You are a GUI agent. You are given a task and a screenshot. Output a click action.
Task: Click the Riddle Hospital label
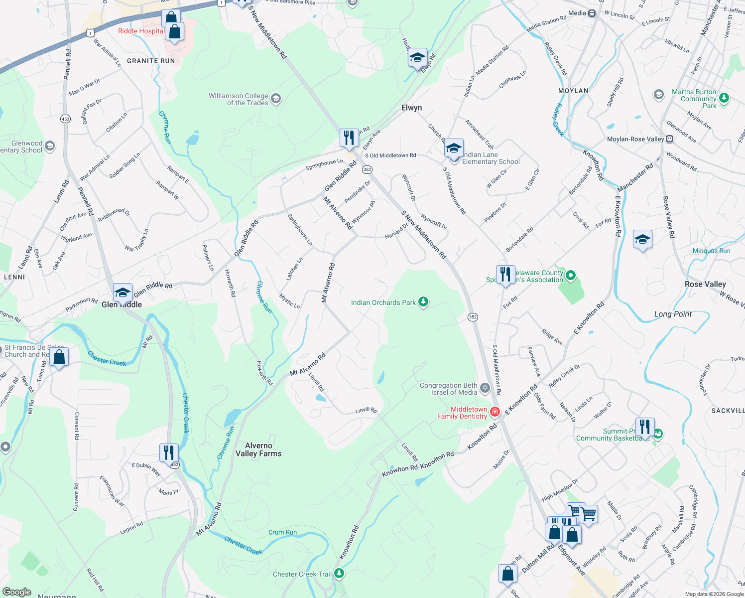click(141, 31)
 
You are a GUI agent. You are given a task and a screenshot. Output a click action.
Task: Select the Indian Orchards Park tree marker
click(423, 302)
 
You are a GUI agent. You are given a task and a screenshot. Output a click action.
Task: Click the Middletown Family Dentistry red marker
click(495, 412)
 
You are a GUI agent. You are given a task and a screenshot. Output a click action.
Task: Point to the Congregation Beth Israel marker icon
click(485, 388)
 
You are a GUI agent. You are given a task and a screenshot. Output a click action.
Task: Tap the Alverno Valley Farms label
click(258, 449)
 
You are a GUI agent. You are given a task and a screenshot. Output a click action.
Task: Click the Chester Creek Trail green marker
click(339, 574)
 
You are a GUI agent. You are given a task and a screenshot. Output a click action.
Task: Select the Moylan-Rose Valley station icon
click(670, 139)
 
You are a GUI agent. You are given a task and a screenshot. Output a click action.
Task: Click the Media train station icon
click(592, 13)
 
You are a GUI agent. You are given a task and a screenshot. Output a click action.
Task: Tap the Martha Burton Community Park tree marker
click(725, 98)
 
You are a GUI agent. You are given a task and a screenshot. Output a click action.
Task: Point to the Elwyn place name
click(411, 108)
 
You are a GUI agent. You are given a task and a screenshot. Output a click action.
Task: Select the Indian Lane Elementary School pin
click(454, 148)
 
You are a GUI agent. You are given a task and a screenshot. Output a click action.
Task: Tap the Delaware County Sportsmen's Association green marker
click(571, 275)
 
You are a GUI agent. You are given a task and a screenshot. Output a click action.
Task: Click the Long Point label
click(673, 314)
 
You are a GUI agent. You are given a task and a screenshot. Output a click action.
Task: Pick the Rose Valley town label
click(705, 284)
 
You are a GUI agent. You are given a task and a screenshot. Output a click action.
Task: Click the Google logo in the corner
click(17, 592)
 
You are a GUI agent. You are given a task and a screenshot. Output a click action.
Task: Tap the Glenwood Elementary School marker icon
click(49, 146)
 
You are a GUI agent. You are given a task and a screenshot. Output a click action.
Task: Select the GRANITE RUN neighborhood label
click(151, 61)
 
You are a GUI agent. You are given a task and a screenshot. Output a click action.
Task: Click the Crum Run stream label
click(282, 532)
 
